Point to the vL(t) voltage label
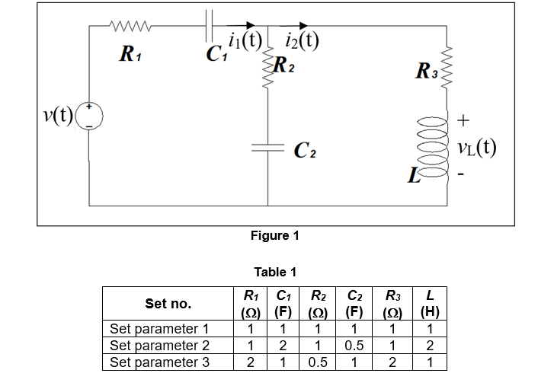click(478, 146)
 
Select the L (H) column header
click(430, 304)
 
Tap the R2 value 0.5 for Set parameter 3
click(318, 362)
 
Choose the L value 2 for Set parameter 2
click(430, 346)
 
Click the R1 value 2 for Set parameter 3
click(248, 362)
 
